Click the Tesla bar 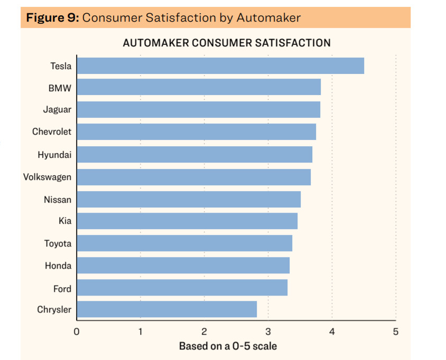click(x=220, y=66)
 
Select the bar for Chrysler click(x=166, y=309)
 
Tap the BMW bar click(x=199, y=87)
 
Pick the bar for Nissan click(x=189, y=200)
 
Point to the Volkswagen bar click(x=193, y=177)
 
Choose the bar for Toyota click(x=184, y=243)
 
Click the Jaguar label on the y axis click(x=57, y=110)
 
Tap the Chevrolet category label click(x=52, y=132)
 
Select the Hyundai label click(x=54, y=155)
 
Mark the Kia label click(x=64, y=221)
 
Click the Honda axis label click(x=58, y=266)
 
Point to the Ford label click(x=62, y=289)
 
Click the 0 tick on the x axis click(x=77, y=332)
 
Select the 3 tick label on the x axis click(x=268, y=332)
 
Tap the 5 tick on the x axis click(x=396, y=332)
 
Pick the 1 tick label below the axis click(x=141, y=332)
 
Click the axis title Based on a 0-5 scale click(x=228, y=346)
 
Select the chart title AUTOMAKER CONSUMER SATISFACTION click(x=227, y=43)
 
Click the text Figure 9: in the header click(x=53, y=17)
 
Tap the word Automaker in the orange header click(x=268, y=17)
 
